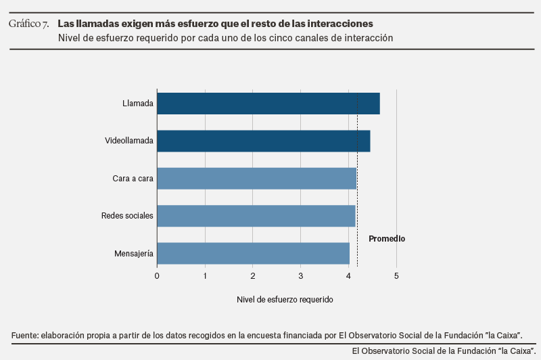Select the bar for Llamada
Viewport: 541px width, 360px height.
tap(268, 104)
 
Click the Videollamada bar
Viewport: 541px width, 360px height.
tap(263, 141)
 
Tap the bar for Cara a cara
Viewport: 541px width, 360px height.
tap(256, 179)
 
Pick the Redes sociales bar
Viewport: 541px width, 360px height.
tap(256, 216)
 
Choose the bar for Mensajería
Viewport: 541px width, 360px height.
tap(253, 253)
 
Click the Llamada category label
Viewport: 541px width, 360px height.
tap(138, 104)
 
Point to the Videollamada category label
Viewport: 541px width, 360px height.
tap(129, 141)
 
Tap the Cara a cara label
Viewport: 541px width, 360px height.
tap(133, 179)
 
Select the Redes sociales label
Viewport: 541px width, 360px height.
tap(127, 216)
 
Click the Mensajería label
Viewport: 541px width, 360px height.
tap(134, 254)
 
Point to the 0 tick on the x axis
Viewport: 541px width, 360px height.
tap(157, 275)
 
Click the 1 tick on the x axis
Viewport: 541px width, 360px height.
tap(205, 275)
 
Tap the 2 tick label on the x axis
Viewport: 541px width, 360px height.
tap(253, 275)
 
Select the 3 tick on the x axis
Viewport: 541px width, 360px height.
tap(301, 275)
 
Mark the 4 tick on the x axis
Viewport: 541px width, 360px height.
tap(348, 275)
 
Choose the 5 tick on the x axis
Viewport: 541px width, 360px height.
tap(396, 275)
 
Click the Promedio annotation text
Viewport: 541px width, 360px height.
tap(387, 239)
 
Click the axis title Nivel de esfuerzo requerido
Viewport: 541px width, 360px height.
tap(285, 298)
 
